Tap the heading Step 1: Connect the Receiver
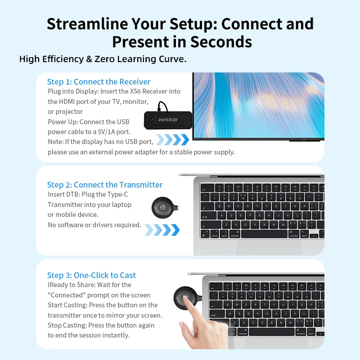coord(99,81)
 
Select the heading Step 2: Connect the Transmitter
coord(105,184)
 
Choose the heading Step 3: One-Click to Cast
coord(91,275)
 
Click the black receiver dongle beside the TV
coord(169,119)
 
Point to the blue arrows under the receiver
coord(171,139)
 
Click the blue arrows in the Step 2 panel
coord(162,230)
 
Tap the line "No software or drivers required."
coord(94,225)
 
